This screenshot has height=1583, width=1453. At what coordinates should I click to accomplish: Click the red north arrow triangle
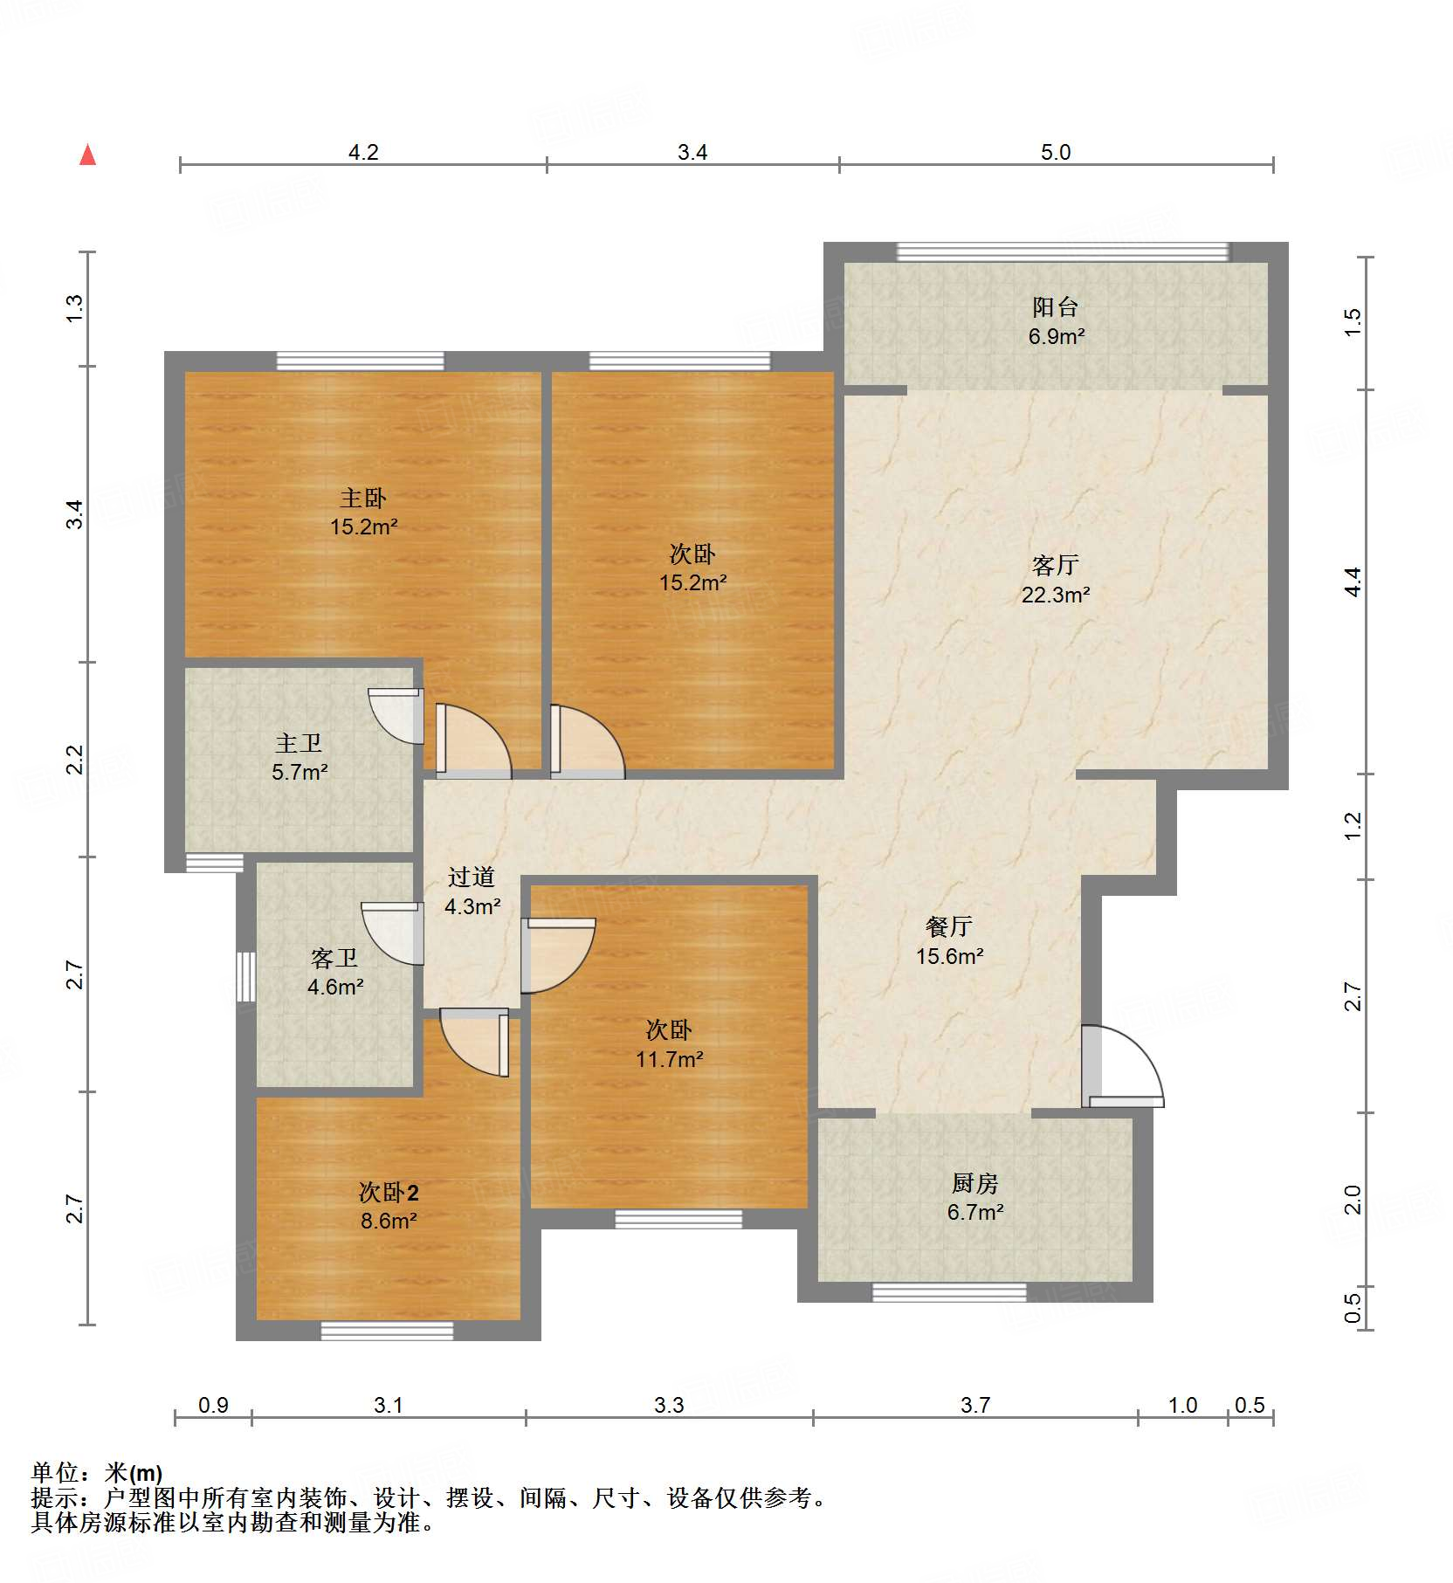click(87, 155)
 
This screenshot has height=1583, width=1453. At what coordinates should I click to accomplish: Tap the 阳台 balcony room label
click(1055, 306)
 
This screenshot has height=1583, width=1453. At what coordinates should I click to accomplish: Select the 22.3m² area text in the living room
click(1055, 595)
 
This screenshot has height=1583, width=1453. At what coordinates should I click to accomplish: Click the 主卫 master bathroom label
click(299, 743)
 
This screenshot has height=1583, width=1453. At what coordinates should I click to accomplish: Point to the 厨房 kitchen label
click(974, 1183)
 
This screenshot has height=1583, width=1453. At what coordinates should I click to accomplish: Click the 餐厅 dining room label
click(948, 926)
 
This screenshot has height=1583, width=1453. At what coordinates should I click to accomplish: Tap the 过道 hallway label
click(472, 877)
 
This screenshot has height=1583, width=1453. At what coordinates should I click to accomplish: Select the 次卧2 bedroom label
click(389, 1192)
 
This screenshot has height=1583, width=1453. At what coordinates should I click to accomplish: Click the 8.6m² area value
click(389, 1221)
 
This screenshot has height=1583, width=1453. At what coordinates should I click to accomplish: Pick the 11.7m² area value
click(669, 1059)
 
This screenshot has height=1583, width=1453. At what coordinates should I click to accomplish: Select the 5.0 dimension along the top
click(1055, 152)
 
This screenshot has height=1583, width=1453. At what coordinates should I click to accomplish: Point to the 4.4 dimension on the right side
click(1352, 582)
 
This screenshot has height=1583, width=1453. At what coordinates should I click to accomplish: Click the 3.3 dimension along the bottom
click(669, 1405)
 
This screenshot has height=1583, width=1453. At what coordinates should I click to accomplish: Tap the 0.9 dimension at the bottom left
click(213, 1405)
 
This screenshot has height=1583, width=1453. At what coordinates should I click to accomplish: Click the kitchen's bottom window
click(949, 1292)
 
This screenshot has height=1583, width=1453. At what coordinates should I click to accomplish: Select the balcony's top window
click(1062, 252)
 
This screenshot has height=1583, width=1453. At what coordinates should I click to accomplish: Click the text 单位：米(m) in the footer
click(96, 1473)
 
